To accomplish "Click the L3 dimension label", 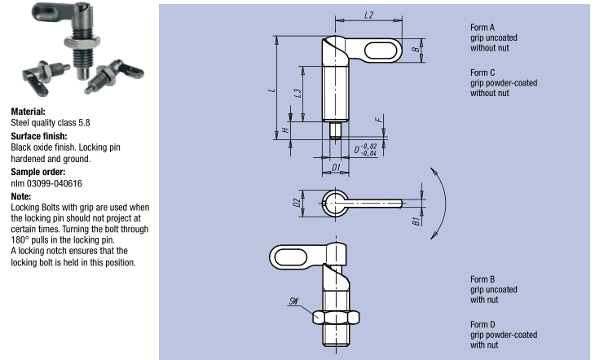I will tap(299, 93).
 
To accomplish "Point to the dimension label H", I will tap(285, 130).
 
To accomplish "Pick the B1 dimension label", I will tap(416, 220).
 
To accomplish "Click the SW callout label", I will tap(293, 301).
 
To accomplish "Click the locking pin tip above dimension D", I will tap(336, 130).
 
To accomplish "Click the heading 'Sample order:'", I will tap(37, 173).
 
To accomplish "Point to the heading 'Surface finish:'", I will tap(38, 136).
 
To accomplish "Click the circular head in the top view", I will tap(334, 202).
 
